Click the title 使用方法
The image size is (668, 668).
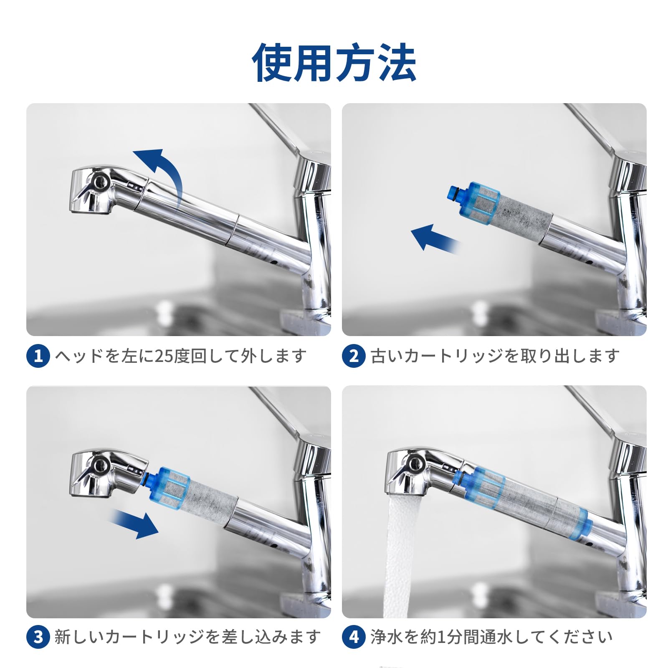click(334, 63)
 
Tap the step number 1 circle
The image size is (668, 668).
click(38, 356)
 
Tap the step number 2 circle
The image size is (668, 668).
click(354, 356)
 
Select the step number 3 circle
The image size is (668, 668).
click(38, 637)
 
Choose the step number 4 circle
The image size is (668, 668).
click(354, 637)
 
